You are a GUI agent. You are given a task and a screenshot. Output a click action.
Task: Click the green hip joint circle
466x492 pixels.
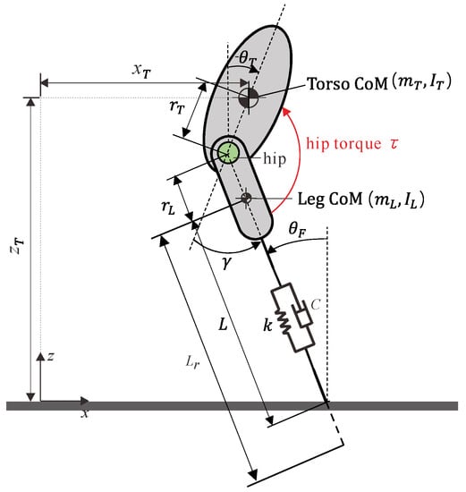tap(229, 153)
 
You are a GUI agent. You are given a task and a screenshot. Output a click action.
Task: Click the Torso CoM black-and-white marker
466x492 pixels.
tap(249, 98)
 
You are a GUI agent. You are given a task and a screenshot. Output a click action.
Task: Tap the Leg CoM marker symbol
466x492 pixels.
tap(246, 198)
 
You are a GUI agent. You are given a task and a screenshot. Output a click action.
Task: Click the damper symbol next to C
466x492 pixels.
tap(303, 315)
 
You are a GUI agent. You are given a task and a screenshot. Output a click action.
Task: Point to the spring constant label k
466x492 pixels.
tap(267, 325)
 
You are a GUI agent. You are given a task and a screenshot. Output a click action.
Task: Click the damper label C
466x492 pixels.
tap(316, 304)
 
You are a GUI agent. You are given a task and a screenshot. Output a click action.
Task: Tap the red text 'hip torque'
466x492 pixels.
tap(343, 144)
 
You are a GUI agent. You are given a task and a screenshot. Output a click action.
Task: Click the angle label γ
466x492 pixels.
tap(226, 262)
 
